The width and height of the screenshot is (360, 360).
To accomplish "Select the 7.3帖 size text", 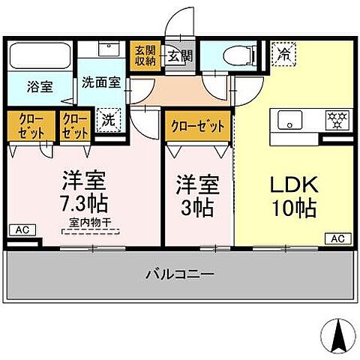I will coord(83,203).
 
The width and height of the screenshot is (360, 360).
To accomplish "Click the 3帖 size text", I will coord(198,206).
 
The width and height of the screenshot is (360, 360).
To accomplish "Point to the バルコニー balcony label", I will coord(179,274).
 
